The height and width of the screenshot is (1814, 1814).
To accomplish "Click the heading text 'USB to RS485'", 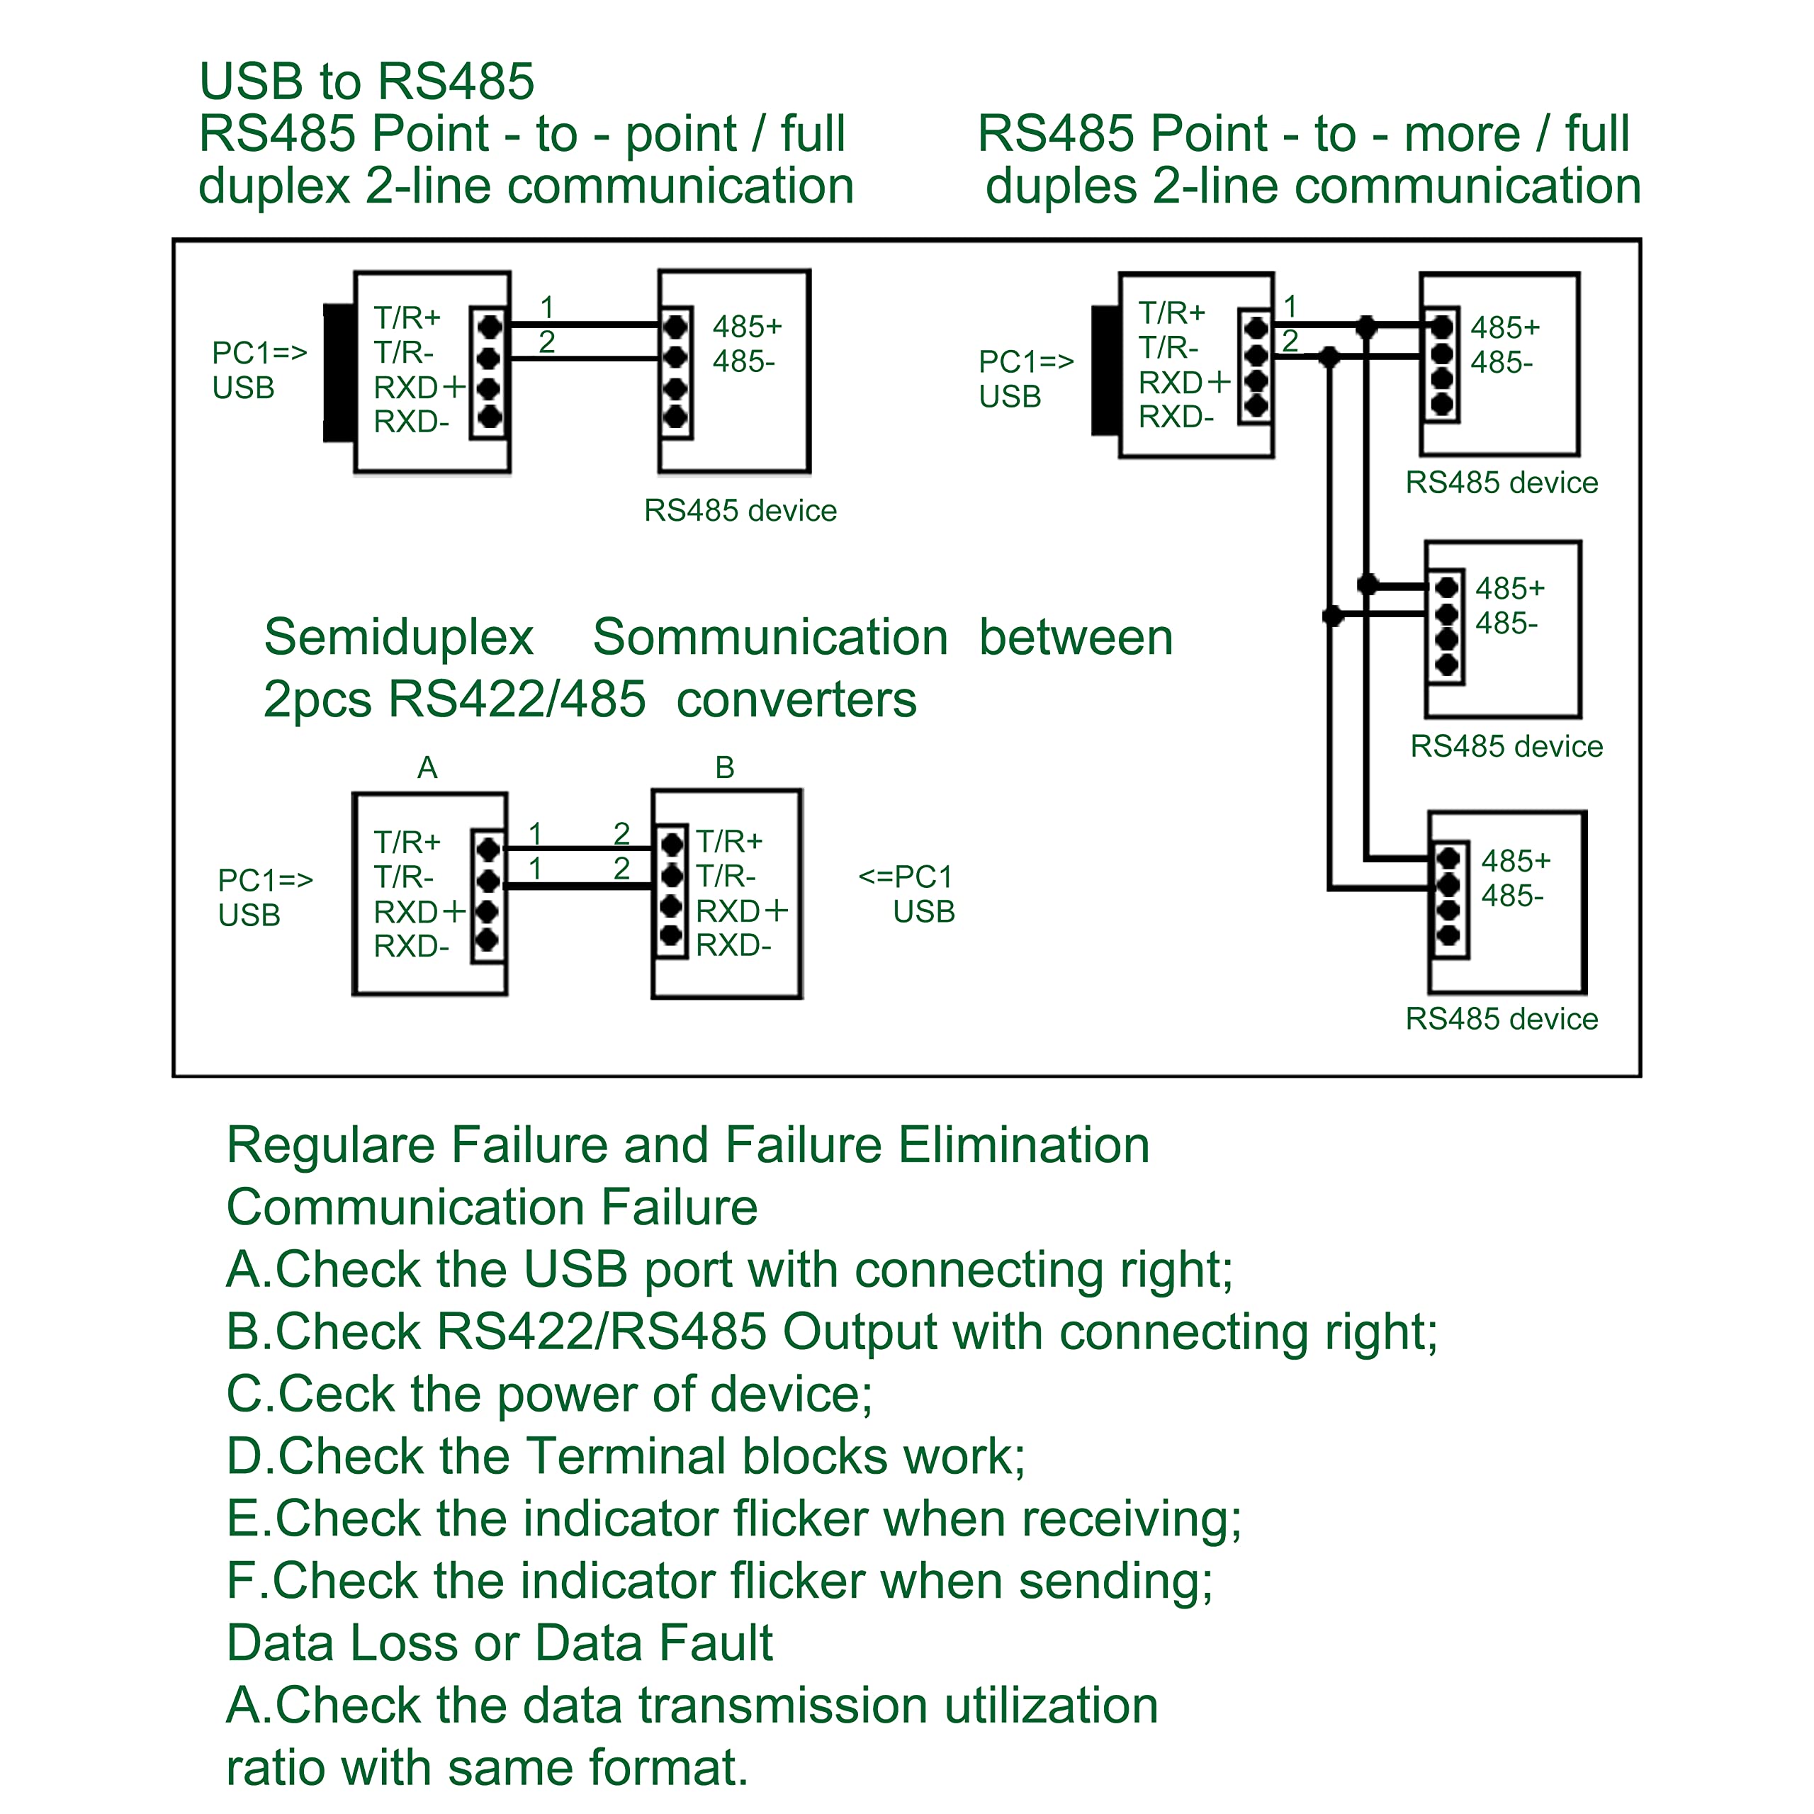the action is pos(366,81).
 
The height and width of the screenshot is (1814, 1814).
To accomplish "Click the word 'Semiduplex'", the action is pos(398,638).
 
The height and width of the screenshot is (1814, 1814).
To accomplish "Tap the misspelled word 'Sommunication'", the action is pos(770,638).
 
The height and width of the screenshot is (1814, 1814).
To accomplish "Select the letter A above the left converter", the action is pos(427,767).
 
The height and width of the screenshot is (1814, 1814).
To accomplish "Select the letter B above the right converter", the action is pos(724,767).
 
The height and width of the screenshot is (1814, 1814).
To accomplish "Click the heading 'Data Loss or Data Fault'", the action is pos(500,1643).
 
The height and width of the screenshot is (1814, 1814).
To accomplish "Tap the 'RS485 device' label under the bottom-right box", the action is pos(1502,1019).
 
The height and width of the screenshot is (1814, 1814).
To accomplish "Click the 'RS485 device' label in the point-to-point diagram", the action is pos(740,510).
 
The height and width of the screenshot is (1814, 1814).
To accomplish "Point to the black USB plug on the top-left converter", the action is pos(339,372).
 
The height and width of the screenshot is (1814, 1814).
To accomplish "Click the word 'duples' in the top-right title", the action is pos(1061,186).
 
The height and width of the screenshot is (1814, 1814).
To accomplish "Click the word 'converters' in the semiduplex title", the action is pos(796,700).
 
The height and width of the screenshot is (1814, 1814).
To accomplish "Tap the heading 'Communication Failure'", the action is pos(492,1207).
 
